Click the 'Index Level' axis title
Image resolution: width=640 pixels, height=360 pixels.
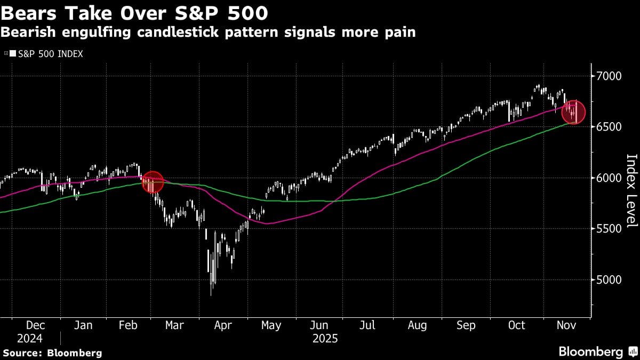coord(631,191)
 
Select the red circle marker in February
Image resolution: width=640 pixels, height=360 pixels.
coord(153,182)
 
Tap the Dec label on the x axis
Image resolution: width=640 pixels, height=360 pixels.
coord(36,325)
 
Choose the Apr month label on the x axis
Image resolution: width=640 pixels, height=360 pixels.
coord(222,325)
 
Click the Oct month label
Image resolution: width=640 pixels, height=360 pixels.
coord(516,325)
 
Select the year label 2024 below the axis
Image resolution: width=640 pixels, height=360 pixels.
coord(29,339)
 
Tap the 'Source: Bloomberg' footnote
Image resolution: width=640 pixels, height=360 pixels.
coord(52,353)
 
